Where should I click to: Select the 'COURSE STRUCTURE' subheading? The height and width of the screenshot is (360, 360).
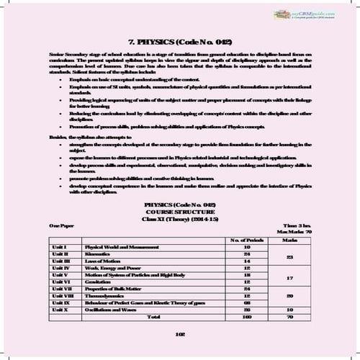pyautogui.click(x=179, y=212)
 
